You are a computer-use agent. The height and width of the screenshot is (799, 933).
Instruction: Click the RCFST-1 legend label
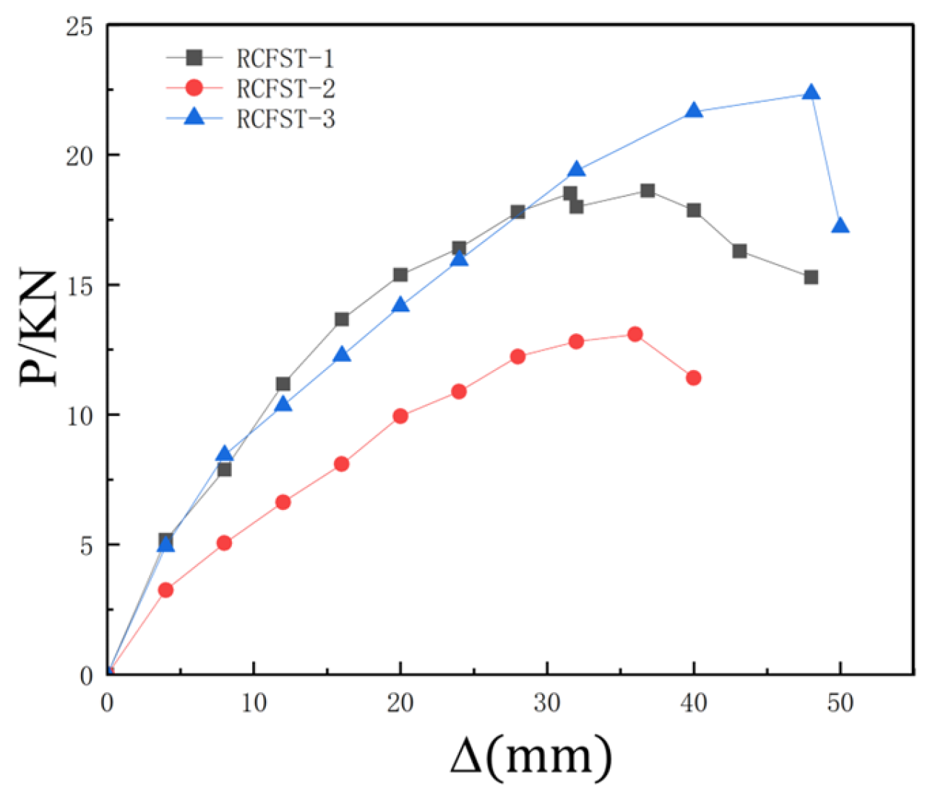(x=285, y=58)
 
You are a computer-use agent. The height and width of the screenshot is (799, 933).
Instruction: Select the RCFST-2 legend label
(x=285, y=88)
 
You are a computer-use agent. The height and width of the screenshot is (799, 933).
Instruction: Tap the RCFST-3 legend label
(x=285, y=118)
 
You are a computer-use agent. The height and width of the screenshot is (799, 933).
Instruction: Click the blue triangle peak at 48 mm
(x=811, y=92)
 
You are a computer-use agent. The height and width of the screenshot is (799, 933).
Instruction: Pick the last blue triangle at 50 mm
(x=840, y=226)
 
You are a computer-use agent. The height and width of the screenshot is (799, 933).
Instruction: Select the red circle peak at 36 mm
(x=635, y=334)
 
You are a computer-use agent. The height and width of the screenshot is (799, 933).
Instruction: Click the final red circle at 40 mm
(x=694, y=378)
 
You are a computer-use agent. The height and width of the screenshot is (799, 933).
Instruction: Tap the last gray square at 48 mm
(x=811, y=277)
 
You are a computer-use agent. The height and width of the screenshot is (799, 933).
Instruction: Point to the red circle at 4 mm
(x=165, y=589)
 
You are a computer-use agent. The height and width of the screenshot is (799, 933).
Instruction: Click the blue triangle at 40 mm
(x=694, y=111)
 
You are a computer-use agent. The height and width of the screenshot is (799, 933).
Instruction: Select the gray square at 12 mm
(x=283, y=384)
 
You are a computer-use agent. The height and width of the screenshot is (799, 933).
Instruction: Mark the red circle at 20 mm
(x=400, y=416)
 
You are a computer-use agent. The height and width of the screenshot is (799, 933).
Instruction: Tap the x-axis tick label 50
(x=840, y=702)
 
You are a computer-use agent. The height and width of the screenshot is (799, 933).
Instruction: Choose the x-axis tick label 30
(x=547, y=702)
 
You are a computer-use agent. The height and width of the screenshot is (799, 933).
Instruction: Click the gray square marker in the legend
(x=194, y=57)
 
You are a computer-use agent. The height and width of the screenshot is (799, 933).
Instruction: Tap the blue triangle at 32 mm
(x=576, y=170)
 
